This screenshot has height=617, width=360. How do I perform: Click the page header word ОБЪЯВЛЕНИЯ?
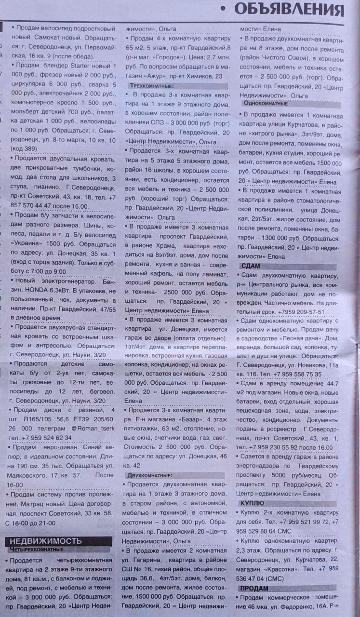pos(289,9)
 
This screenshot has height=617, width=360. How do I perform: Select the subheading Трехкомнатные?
pos(153,85)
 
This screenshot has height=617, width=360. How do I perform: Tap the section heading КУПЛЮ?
pos(252,503)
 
